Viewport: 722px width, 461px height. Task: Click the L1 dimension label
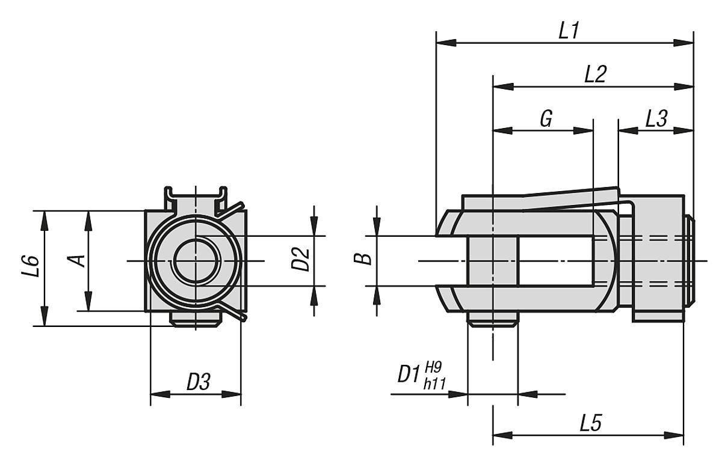tap(567, 31)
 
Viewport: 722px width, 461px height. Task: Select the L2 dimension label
tap(595, 75)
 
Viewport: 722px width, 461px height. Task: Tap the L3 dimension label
tap(656, 118)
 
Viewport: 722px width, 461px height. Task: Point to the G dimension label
tap(546, 118)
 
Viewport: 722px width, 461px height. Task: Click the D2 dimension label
tap(303, 260)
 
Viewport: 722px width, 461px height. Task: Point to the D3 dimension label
tap(198, 382)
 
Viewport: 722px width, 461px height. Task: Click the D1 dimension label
tap(409, 376)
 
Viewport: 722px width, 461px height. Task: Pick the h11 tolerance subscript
tap(434, 384)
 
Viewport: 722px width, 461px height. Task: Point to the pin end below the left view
tap(194, 319)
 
